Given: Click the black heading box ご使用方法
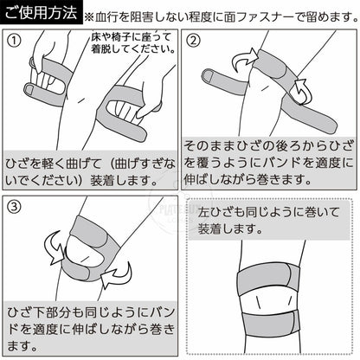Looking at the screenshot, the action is point(41,12).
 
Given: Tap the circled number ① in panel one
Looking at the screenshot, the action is point(14,41).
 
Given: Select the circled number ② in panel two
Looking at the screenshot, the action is point(193,41).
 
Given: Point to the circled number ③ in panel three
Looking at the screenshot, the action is point(14,207).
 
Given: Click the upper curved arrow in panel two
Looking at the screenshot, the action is point(244,59).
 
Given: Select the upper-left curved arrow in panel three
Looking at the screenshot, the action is point(55,248).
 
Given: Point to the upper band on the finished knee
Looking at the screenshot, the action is point(267,280).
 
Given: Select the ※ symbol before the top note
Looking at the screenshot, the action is point(89,17).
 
